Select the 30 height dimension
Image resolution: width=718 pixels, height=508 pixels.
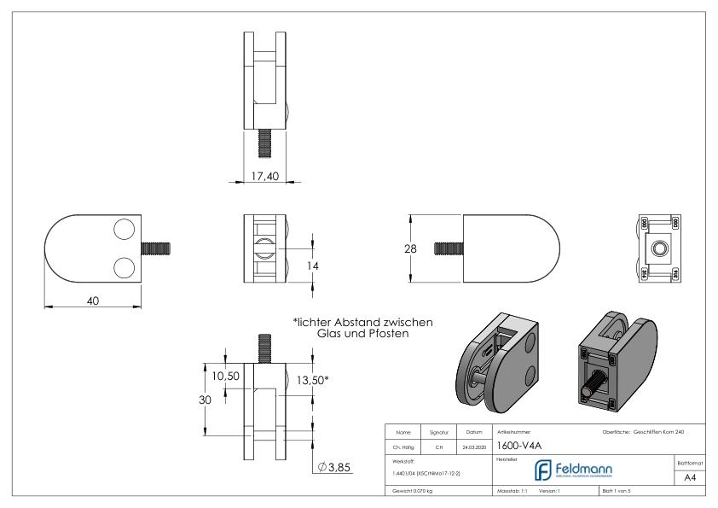206,400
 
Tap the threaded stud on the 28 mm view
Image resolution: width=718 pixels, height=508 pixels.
449,248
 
